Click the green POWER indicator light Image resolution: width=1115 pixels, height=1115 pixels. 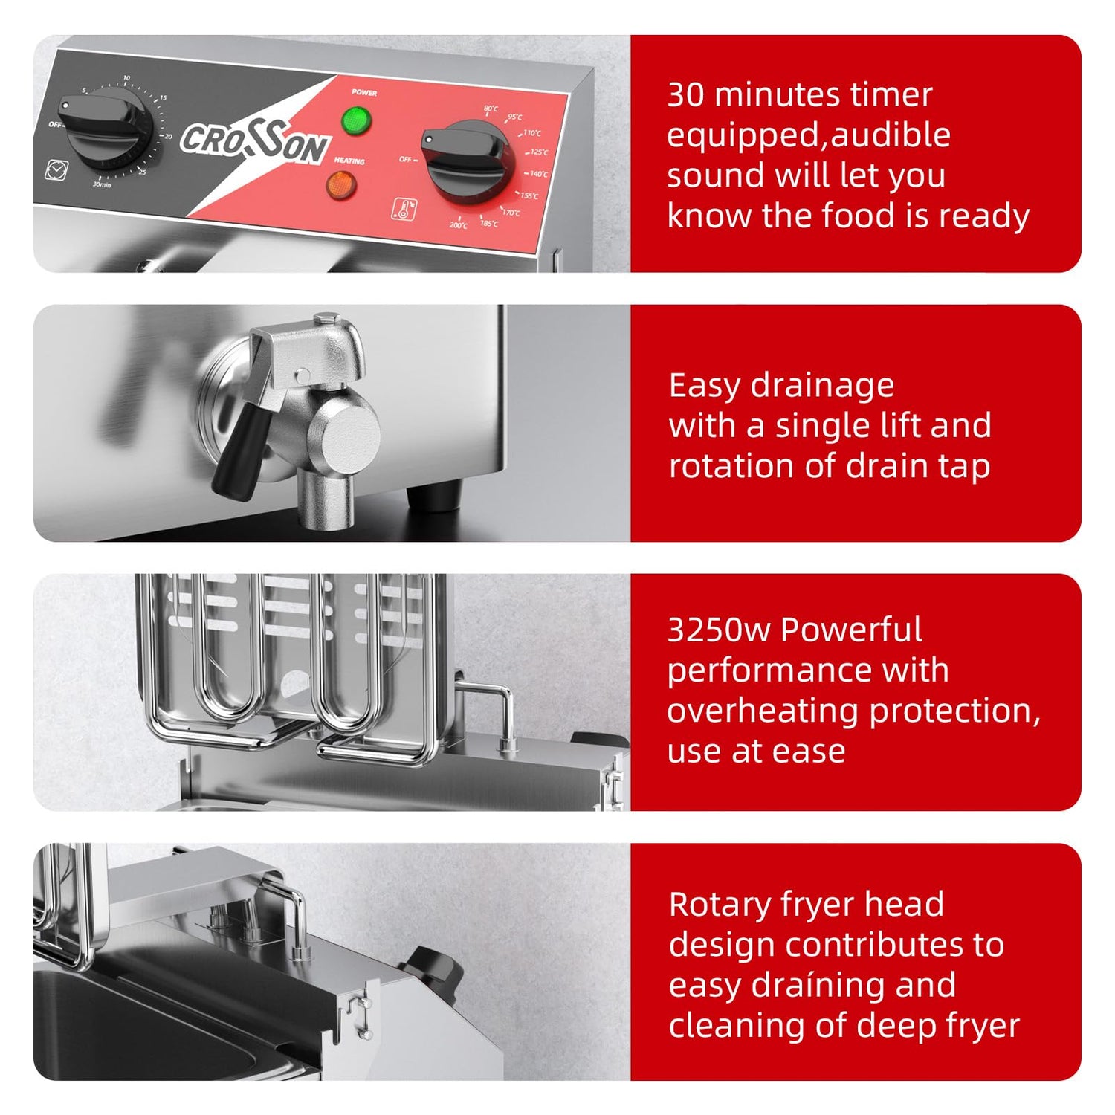357,119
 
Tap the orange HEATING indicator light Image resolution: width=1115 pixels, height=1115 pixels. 342,184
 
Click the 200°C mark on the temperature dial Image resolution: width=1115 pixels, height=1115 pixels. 459,225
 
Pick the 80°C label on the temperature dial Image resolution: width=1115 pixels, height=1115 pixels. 491,109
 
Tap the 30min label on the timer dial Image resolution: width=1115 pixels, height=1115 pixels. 102,184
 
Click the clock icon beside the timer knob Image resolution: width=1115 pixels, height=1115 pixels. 56,170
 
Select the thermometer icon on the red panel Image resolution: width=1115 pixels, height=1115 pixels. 404,209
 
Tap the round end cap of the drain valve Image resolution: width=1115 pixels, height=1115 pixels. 349,435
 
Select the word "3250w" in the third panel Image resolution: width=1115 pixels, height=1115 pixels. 719,630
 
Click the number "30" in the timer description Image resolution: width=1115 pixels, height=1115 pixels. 685,95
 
